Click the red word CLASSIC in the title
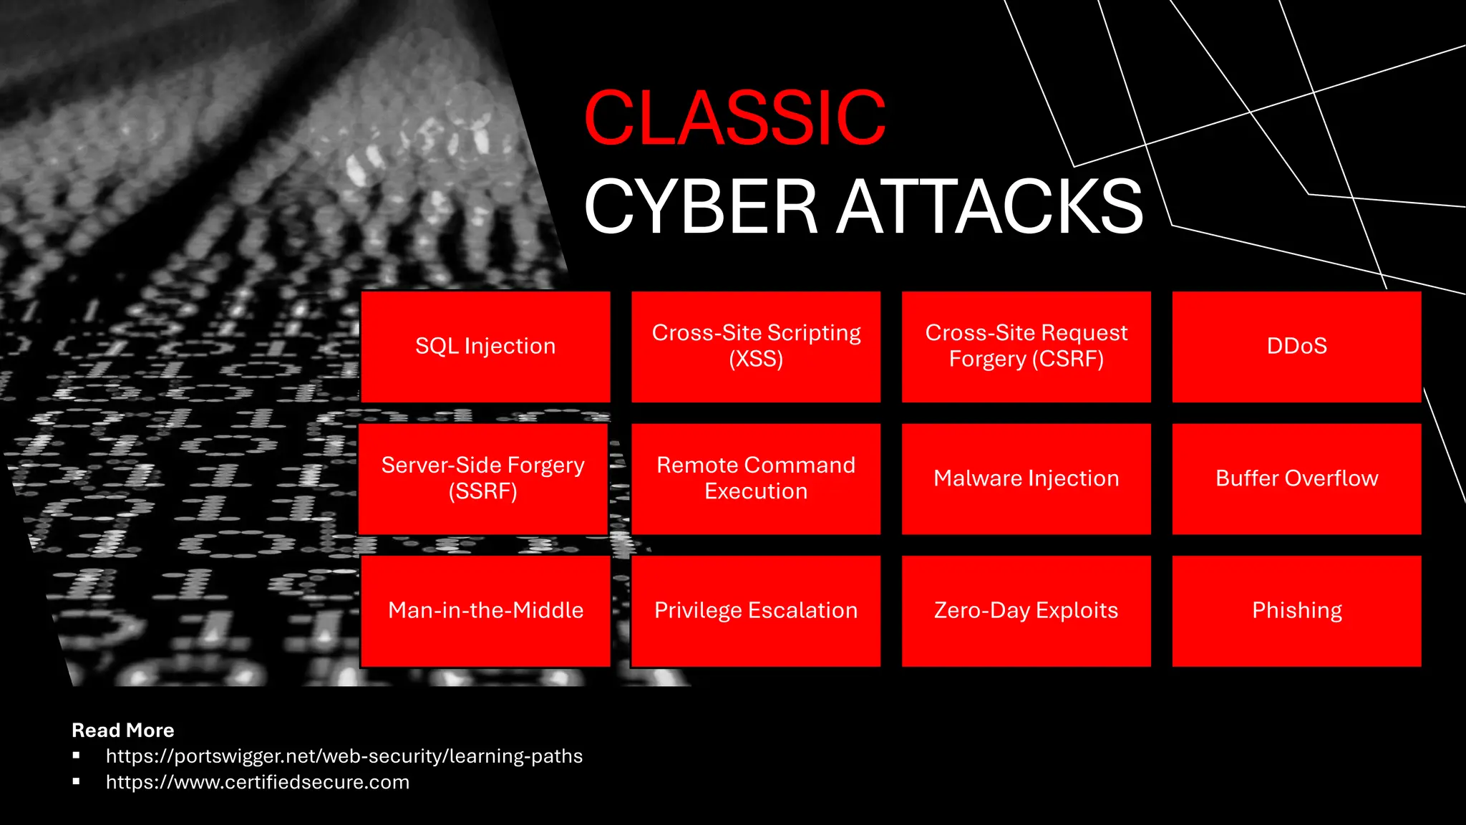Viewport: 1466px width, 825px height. (735, 118)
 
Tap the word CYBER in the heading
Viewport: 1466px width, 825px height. (701, 207)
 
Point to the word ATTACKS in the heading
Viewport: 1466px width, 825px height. (991, 207)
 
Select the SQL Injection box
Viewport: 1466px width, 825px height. (485, 347)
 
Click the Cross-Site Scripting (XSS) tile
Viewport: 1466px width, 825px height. (756, 347)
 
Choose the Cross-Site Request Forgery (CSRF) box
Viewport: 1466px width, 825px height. (1026, 347)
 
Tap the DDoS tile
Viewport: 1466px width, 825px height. (1296, 347)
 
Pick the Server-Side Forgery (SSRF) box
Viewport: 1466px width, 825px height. (483, 478)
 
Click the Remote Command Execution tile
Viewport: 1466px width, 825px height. (756, 478)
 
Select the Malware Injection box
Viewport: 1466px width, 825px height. (1026, 478)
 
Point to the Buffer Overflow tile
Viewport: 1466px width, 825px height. (1296, 478)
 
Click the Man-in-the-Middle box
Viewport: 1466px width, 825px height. (485, 611)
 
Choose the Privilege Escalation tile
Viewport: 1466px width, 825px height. (756, 611)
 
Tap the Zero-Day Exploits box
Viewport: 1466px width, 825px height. (1026, 611)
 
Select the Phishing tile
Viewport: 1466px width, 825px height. (1296, 611)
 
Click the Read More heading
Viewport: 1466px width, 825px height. (123, 730)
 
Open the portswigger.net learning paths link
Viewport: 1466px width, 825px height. (344, 756)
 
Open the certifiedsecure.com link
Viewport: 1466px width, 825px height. (258, 782)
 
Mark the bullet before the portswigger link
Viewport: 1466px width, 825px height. (76, 755)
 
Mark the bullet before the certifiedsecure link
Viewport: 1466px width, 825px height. (76, 781)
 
